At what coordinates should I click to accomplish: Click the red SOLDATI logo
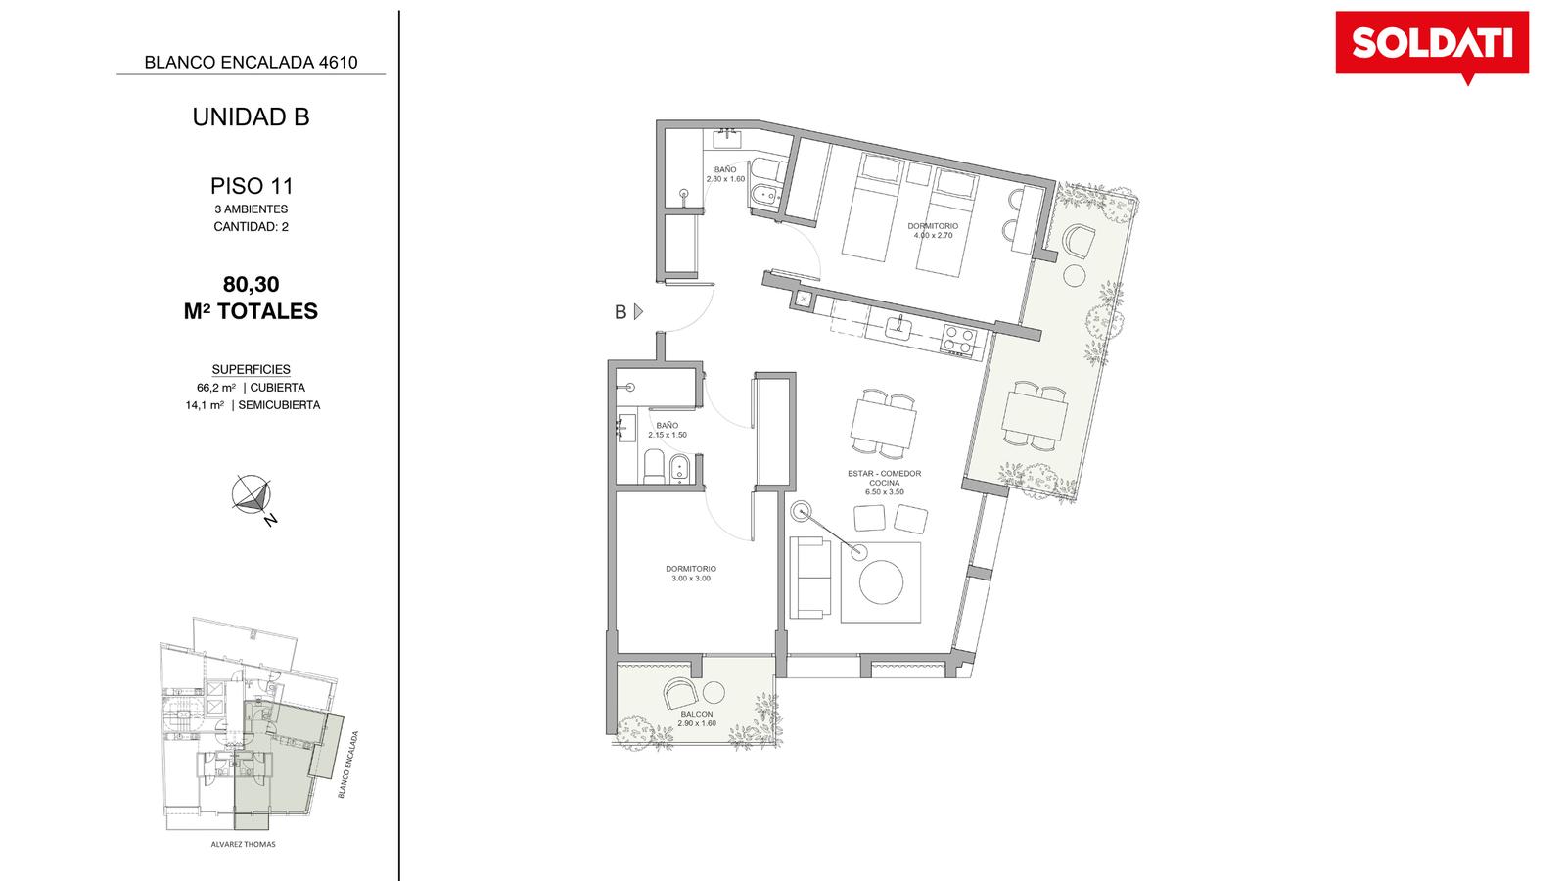tap(1432, 44)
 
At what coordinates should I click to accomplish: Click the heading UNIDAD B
tap(251, 116)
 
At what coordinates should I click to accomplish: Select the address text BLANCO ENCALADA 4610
tap(251, 63)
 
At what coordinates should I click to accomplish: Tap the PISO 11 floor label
tap(251, 186)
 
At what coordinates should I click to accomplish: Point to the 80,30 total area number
tap(251, 284)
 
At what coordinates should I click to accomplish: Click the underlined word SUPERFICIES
tap(251, 369)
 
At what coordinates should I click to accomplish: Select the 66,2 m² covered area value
tap(216, 388)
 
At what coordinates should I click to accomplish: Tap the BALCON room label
tap(697, 714)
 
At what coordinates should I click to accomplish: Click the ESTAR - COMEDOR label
tap(885, 474)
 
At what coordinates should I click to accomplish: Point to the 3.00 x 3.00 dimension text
tap(691, 579)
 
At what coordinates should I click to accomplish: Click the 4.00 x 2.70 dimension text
tap(933, 236)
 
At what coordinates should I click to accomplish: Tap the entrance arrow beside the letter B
tap(638, 312)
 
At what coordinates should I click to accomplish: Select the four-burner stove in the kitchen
tap(958, 341)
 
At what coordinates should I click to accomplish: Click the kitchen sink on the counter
tap(899, 327)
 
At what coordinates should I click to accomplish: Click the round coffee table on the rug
tap(881, 581)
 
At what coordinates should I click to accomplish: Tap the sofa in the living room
tap(810, 578)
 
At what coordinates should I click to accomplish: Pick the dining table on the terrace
tap(1035, 416)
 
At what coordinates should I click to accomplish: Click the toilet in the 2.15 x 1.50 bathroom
tap(654, 466)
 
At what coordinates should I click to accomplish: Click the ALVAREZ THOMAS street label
tap(244, 844)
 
